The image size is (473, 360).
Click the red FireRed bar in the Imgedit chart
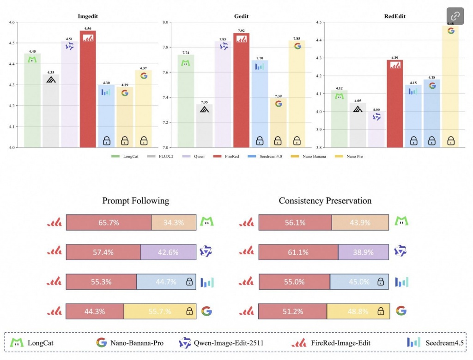coord(88,92)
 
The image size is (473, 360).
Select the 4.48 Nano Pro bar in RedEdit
coord(450,88)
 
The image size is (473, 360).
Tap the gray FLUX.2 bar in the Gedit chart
coord(204,127)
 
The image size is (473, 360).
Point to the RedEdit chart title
coord(395,16)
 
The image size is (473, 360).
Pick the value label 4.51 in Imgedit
coord(69,39)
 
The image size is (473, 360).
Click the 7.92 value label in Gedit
coord(241,31)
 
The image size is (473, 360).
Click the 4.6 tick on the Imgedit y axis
coord(12,22)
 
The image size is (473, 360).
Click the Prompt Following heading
coord(135,201)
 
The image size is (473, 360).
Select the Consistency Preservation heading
coord(325,201)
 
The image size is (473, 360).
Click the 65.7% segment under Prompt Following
coord(109,222)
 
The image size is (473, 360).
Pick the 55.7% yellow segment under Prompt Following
coord(160,311)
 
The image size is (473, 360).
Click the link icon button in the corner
coord(455,16)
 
